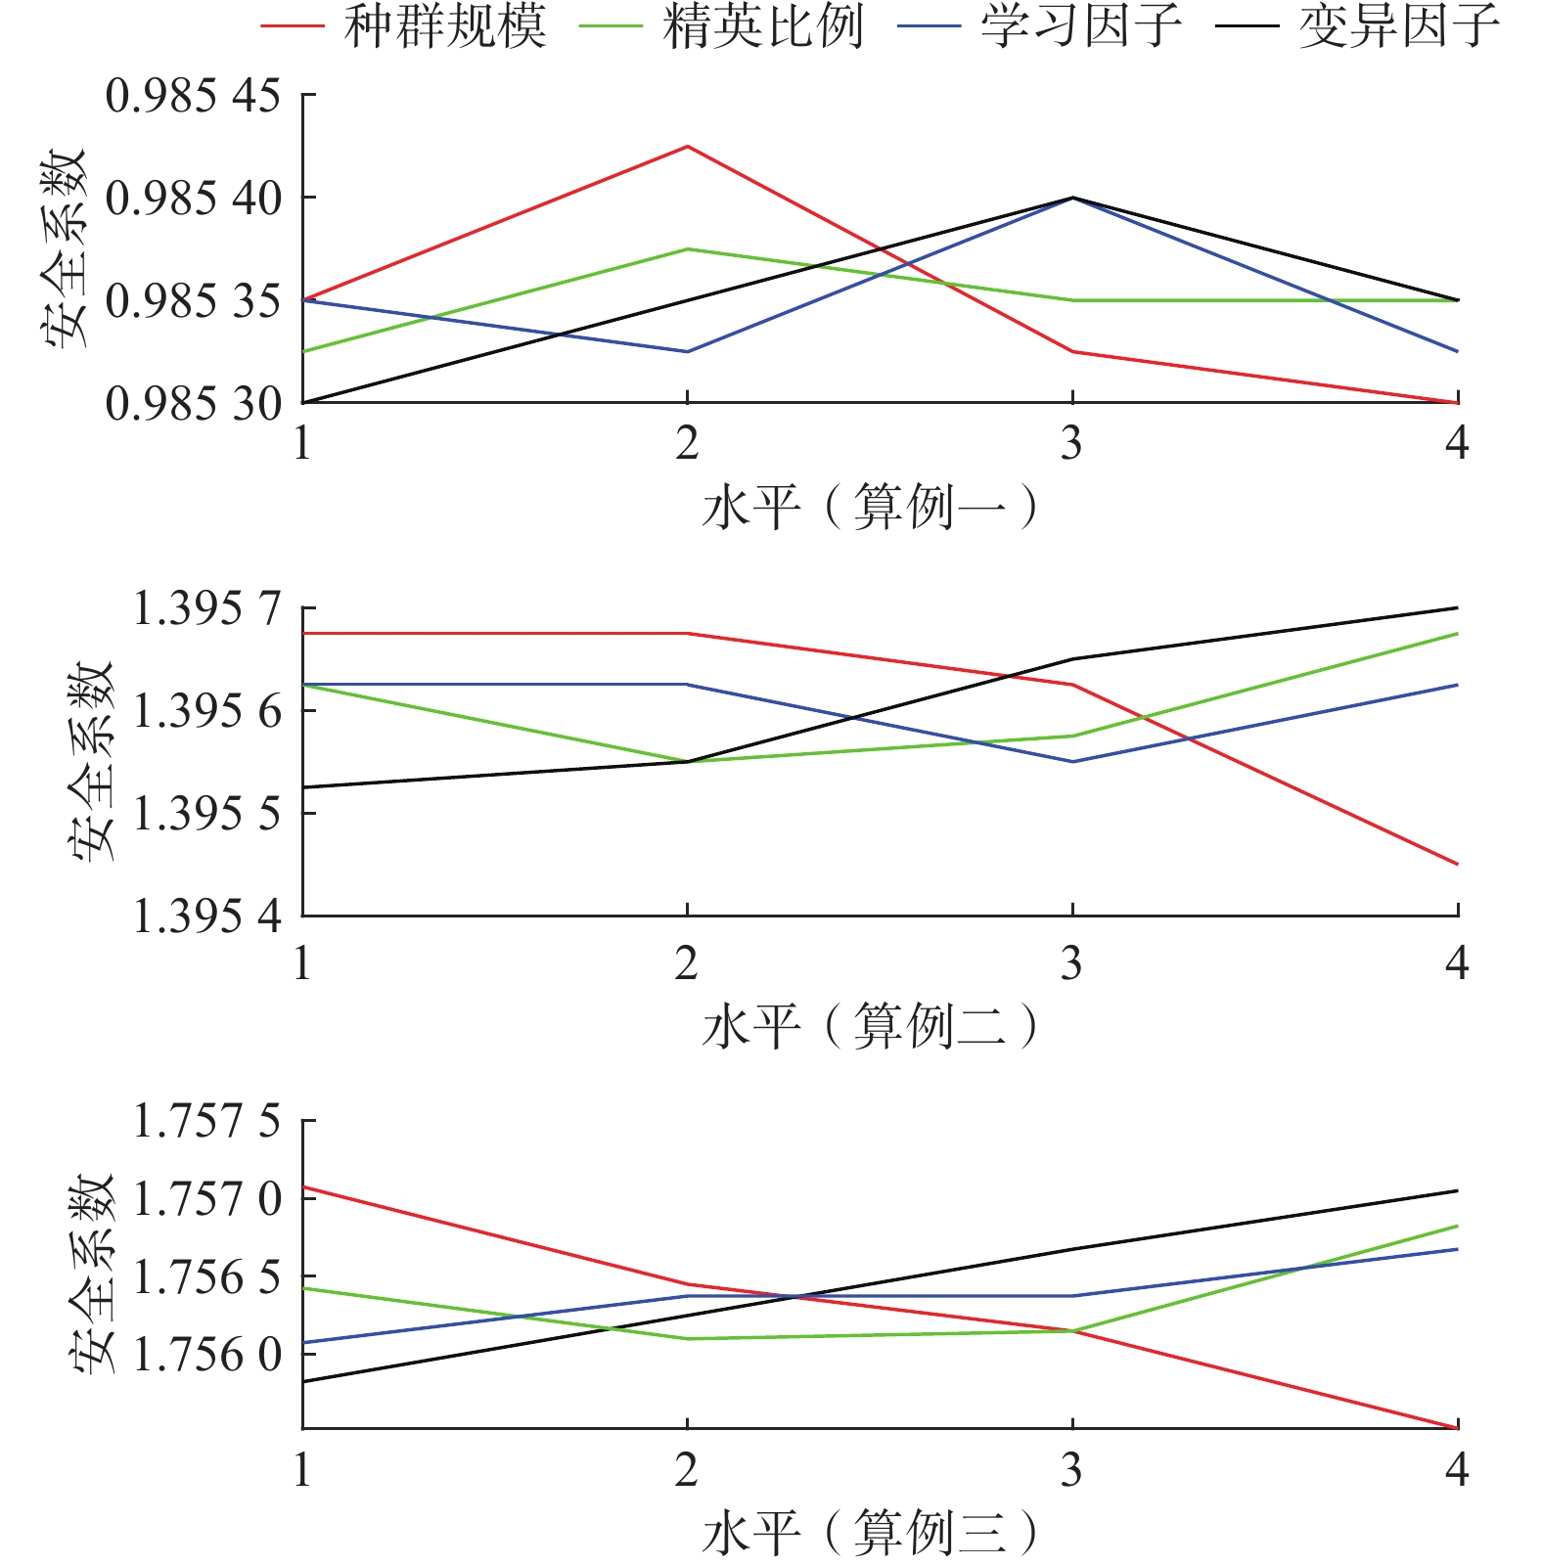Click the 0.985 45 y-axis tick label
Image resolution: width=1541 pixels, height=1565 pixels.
point(193,96)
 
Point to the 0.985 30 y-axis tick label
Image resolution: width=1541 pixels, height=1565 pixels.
point(193,403)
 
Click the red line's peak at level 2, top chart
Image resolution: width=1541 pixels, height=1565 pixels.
point(688,147)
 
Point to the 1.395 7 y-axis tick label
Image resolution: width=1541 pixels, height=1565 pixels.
point(206,608)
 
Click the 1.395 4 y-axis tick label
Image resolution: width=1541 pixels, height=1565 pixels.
point(206,917)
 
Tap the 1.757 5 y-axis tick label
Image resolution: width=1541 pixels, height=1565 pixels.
point(206,1121)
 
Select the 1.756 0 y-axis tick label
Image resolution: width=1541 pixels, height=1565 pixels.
point(206,1355)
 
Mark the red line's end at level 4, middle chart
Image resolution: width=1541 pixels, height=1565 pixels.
point(1458,865)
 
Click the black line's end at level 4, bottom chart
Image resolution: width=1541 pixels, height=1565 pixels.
point(1458,1190)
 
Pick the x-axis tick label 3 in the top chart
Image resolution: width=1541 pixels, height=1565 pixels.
point(1072,444)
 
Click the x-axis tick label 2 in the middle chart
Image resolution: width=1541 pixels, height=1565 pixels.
point(687,964)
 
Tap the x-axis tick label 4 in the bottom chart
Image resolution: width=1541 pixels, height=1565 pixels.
point(1457,1469)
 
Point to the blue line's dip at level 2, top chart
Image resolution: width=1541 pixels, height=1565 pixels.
point(688,351)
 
